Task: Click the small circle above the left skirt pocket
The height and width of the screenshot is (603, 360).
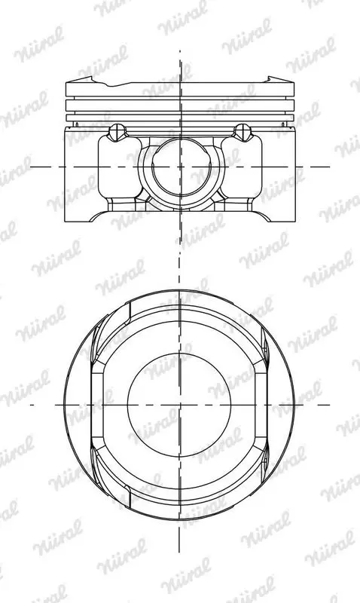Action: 117,131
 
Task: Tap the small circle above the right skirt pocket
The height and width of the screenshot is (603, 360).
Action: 243,131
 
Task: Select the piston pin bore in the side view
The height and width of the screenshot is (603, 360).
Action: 180,167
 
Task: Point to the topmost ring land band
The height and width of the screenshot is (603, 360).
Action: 180,89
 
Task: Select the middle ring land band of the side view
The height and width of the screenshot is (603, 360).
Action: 180,106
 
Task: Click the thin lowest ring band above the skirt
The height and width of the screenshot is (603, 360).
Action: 180,118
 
